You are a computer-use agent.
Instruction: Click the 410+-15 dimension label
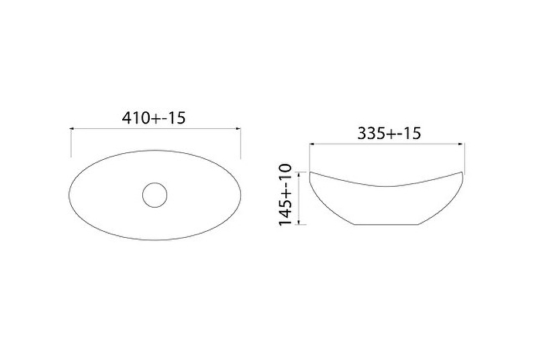pyautogui.click(x=154, y=118)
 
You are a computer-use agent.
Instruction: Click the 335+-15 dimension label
pyautogui.click(x=389, y=133)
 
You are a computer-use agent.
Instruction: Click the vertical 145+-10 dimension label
pyautogui.click(x=285, y=195)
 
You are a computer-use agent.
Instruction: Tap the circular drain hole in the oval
pyautogui.click(x=155, y=195)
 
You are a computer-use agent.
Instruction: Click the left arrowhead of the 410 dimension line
pyautogui.click(x=72, y=129)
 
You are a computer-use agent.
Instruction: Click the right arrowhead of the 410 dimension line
pyautogui.click(x=238, y=129)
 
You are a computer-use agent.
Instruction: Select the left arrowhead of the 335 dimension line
pyautogui.click(x=312, y=144)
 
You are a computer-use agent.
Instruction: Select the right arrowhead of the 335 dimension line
pyautogui.click(x=461, y=144)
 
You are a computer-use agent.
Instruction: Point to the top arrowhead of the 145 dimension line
pyautogui.click(x=299, y=175)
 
